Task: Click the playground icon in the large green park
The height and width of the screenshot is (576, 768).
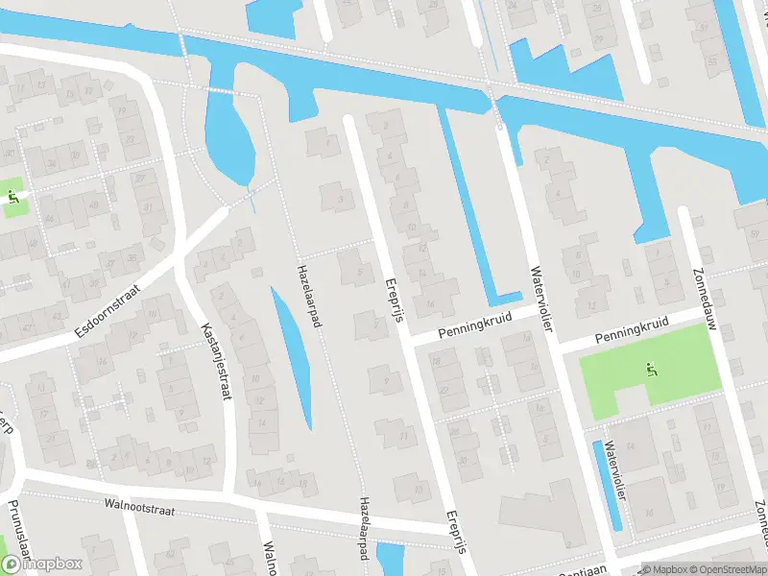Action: click(x=652, y=369)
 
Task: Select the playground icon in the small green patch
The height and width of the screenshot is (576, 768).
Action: click(x=12, y=196)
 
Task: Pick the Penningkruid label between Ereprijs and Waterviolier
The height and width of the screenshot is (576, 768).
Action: click(x=471, y=324)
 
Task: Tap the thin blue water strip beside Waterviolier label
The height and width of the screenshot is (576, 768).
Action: click(x=609, y=485)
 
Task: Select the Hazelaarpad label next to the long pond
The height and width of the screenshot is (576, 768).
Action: click(x=308, y=296)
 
